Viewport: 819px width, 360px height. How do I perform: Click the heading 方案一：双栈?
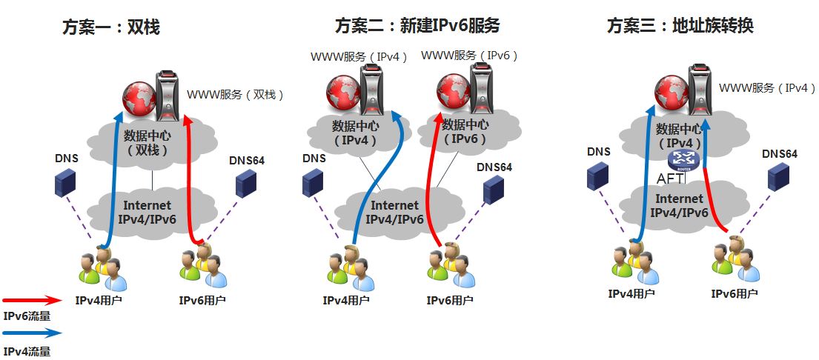110,27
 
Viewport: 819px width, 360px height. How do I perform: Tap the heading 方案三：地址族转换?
680,26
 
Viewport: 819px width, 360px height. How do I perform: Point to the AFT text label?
669,178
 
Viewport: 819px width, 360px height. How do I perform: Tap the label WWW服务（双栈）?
236,96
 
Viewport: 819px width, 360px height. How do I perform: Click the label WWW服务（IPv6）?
470,56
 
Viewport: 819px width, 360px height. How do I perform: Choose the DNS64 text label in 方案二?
494,167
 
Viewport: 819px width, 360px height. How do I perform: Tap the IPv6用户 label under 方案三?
735,293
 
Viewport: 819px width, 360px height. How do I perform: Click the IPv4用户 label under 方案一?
99,301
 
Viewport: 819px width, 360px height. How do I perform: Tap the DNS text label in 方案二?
314,159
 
